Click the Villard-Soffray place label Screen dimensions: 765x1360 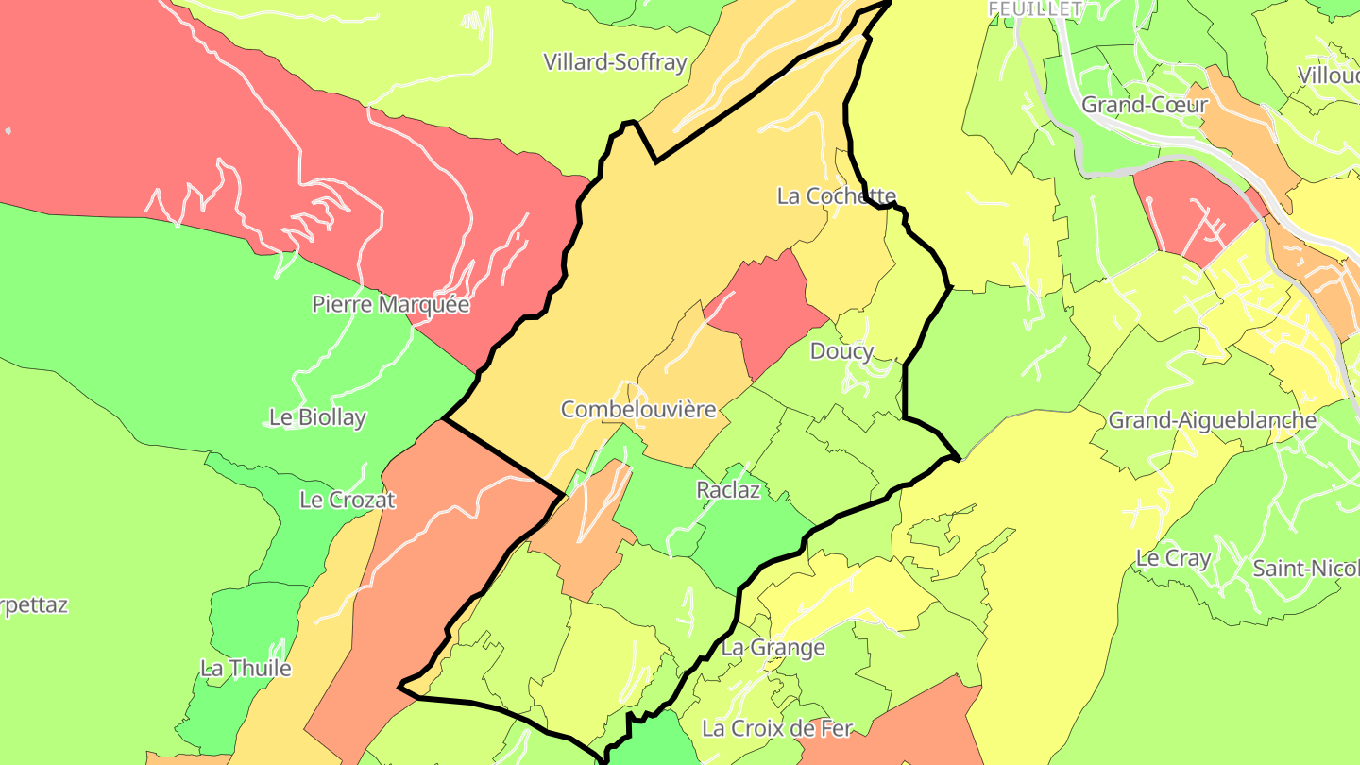615,62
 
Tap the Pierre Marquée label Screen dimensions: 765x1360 391,304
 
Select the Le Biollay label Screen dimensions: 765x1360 317,417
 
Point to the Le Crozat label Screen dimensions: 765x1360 347,500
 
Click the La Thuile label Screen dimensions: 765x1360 246,669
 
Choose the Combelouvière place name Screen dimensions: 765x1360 638,409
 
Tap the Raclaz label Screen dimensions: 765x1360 728,490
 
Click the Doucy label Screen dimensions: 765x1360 841,351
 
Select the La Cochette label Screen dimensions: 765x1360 836,195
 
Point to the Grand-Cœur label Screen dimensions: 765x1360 1144,104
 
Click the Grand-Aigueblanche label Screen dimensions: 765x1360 1212,419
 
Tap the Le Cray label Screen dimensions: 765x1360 1173,557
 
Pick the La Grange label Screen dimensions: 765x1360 773,648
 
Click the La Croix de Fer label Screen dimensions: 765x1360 776,728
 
